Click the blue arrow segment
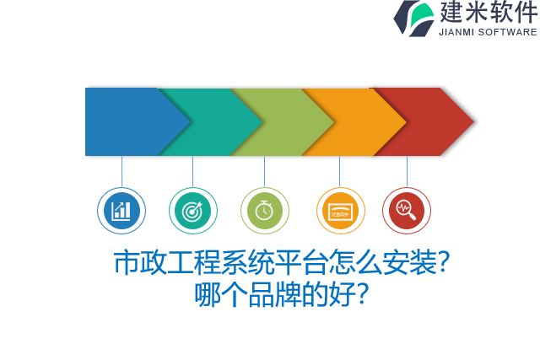pyautogui.click(x=127, y=121)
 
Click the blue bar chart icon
pyautogui.click(x=121, y=211)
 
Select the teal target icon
pyautogui.click(x=193, y=211)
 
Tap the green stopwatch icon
pyautogui.click(x=264, y=211)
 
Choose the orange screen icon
pyautogui.click(x=340, y=211)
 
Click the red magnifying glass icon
pyautogui.click(x=407, y=211)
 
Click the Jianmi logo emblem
pyautogui.click(x=413, y=18)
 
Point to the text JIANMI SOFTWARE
pyautogui.click(x=488, y=32)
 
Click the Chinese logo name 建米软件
pyautogui.click(x=488, y=13)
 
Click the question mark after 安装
pyautogui.click(x=445, y=263)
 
